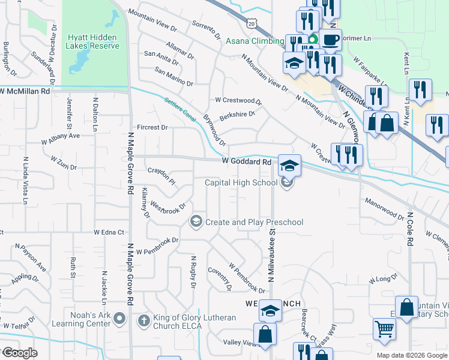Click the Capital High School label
pyautogui.click(x=241, y=183)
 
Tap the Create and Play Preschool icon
pyautogui.click(x=196, y=222)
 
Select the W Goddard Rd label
pyautogui.click(x=247, y=162)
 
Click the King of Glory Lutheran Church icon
pyautogui.click(x=143, y=320)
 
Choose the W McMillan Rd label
pyautogui.click(x=25, y=91)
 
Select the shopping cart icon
pyautogui.click(x=384, y=329)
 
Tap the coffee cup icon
pyautogui.click(x=330, y=40)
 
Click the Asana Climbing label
pyautogui.click(x=255, y=41)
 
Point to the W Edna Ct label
pyautogui.click(x=109, y=232)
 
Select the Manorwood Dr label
pyautogui.click(x=384, y=208)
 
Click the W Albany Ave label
pyautogui.click(x=61, y=139)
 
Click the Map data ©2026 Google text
pyautogui.click(x=412, y=355)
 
